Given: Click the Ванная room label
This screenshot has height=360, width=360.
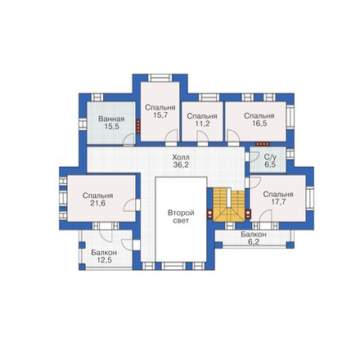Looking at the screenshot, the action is click(x=111, y=119).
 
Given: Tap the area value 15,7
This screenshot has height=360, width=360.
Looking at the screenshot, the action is click(x=160, y=115).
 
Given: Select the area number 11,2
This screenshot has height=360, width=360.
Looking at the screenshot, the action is click(x=202, y=124).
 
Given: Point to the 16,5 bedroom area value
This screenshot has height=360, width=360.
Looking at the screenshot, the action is click(x=259, y=124).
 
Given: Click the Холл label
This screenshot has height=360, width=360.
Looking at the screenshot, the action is click(x=181, y=157).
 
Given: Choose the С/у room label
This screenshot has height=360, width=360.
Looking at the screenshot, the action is click(x=270, y=157).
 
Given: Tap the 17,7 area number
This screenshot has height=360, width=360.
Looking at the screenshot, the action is click(x=278, y=202).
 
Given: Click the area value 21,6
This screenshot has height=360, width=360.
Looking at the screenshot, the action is click(x=98, y=203).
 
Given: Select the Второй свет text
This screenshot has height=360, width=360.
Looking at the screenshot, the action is click(x=181, y=217).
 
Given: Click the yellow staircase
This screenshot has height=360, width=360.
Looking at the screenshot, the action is click(x=228, y=205).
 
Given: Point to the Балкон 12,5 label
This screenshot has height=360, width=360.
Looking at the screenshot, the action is click(x=104, y=256).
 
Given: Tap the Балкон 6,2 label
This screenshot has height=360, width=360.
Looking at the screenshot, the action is click(x=254, y=238).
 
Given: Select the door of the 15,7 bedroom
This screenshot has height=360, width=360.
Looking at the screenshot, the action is click(x=171, y=135).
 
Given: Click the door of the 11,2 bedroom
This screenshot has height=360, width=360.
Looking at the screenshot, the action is click(x=202, y=136).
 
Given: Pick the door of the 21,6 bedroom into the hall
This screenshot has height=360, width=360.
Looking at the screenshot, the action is click(x=130, y=205).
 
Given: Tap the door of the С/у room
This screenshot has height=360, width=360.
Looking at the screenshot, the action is click(x=254, y=156).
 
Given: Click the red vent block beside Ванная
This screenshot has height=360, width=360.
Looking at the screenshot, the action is click(x=138, y=126).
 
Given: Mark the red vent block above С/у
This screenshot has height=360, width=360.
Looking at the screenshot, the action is click(x=263, y=144).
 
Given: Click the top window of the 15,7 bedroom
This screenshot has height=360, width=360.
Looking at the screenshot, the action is click(x=160, y=78).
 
